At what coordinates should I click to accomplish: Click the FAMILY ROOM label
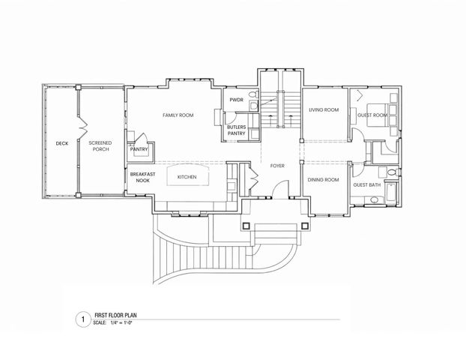point(178,115)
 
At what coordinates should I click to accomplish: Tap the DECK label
point(61,142)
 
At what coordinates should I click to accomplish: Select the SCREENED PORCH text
point(100,145)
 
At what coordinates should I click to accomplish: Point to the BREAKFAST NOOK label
point(142,178)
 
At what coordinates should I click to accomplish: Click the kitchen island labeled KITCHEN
point(187,177)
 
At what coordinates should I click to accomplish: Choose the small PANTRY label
point(139,149)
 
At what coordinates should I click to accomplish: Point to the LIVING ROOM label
point(324,110)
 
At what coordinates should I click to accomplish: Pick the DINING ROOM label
point(324,180)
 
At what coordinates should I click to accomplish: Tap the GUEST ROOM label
point(372,115)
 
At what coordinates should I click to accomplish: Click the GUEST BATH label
point(368,184)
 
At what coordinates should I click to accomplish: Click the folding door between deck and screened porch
point(80,120)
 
